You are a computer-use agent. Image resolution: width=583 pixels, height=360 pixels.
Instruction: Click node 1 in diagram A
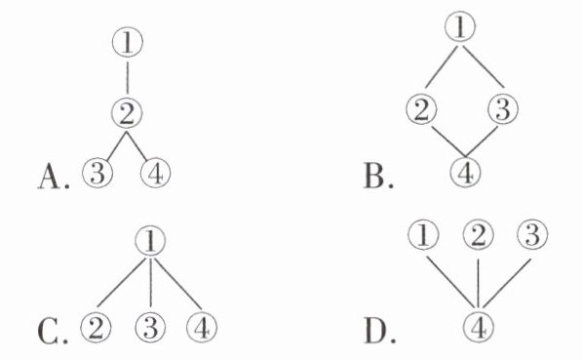127,42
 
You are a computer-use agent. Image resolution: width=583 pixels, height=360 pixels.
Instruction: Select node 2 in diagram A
127,114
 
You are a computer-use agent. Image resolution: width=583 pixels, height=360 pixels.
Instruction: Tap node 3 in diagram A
97,174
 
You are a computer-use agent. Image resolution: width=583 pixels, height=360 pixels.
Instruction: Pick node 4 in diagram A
155,174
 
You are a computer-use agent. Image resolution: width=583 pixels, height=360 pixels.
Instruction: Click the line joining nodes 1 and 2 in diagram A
128,78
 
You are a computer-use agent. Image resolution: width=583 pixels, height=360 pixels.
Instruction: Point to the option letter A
49,177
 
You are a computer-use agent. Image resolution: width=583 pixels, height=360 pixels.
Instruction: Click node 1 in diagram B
460,26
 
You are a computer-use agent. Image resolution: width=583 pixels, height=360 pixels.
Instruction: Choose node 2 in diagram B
421,109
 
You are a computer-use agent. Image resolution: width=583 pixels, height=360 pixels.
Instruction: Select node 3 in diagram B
503,109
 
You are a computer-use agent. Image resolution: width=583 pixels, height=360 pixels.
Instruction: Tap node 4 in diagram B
465,173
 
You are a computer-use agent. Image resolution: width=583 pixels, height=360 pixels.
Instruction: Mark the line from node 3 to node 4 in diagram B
482,141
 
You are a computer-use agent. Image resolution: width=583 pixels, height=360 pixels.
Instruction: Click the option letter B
373,177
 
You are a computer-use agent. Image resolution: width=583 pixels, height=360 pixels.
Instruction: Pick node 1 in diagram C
150,241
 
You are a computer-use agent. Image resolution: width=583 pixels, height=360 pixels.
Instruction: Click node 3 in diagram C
150,328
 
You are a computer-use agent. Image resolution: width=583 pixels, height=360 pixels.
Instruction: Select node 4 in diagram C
202,328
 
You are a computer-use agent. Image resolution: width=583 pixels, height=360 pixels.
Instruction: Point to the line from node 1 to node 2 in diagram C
121,283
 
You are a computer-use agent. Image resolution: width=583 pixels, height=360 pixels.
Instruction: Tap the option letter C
49,332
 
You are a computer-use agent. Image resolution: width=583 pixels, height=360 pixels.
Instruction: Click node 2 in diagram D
478,235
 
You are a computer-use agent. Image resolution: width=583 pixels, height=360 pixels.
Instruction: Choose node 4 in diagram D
479,327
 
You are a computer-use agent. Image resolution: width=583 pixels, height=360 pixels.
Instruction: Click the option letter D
374,332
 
